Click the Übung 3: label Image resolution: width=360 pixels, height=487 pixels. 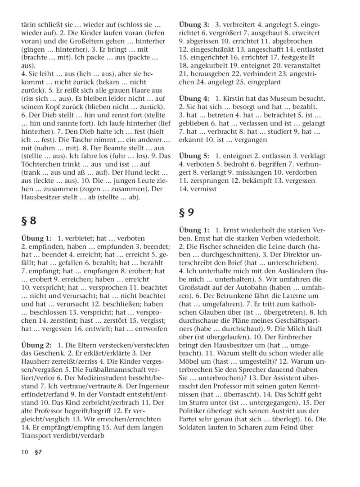pyautogui.click(x=194, y=25)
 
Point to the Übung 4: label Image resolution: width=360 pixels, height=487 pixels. pyautogui.click(x=194, y=99)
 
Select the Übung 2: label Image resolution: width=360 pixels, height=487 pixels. pyautogui.click(x=36, y=345)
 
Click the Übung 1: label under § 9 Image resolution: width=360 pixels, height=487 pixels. pyautogui.click(x=194, y=230)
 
